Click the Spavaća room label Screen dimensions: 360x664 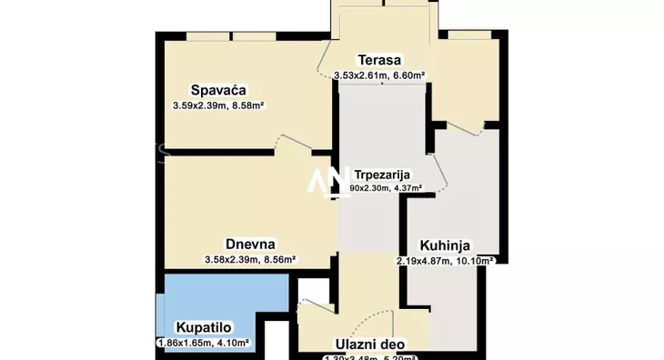click(x=219, y=89)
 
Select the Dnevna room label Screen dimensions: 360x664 click(x=251, y=244)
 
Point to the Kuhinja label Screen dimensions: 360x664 click(x=444, y=245)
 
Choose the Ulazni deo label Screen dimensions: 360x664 click(x=367, y=344)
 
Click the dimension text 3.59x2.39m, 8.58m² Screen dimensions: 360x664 click(x=218, y=105)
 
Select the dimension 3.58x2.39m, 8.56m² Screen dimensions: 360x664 click(x=250, y=259)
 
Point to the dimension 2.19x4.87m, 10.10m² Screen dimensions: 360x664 click(x=445, y=260)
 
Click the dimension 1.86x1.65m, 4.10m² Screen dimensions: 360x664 click(x=203, y=343)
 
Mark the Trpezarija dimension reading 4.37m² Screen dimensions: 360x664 click(x=379, y=188)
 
